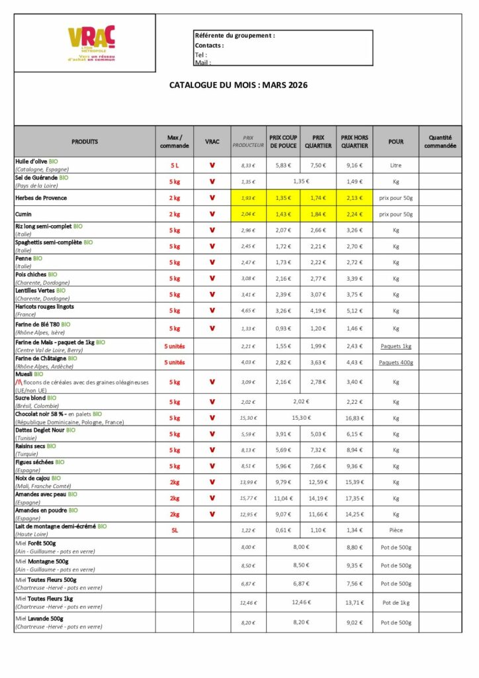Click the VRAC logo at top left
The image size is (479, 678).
pyautogui.click(x=91, y=43)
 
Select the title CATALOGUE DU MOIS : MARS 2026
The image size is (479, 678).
pyautogui.click(x=238, y=85)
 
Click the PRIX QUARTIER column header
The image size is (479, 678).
pyautogui.click(x=318, y=141)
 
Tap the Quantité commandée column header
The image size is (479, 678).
pyautogui.click(x=440, y=141)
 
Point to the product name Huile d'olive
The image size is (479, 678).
pyautogui.click(x=36, y=162)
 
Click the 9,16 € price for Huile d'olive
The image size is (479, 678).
pyautogui.click(x=354, y=166)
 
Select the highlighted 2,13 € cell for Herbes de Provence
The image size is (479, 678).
pyautogui.click(x=354, y=197)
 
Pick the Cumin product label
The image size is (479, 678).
pyautogui.click(x=24, y=214)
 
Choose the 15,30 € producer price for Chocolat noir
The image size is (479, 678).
pyautogui.click(x=248, y=418)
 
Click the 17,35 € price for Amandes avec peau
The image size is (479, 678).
pyautogui.click(x=354, y=498)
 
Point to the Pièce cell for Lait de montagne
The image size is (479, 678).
pyautogui.click(x=396, y=530)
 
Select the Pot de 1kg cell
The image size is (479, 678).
pyautogui.click(x=396, y=603)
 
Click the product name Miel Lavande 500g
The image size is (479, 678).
pyautogui.click(x=42, y=618)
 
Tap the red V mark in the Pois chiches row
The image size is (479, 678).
pyautogui.click(x=212, y=278)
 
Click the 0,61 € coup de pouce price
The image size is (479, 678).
pyautogui.click(x=283, y=530)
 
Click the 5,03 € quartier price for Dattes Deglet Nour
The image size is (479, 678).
pyautogui.click(x=318, y=434)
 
